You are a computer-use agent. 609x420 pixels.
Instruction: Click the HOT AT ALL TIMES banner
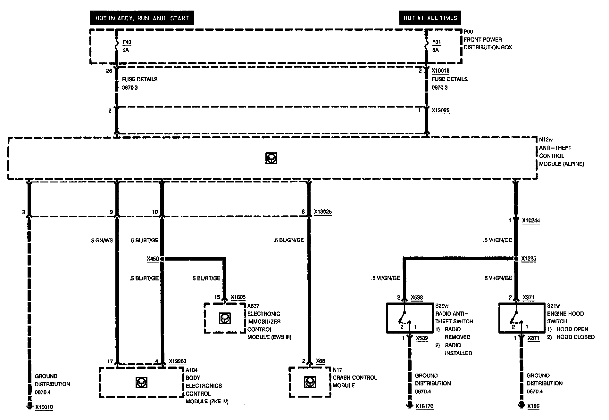tap(430, 18)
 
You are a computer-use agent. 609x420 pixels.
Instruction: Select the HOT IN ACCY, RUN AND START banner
tap(142, 18)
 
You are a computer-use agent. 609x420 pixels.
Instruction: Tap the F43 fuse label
tap(127, 42)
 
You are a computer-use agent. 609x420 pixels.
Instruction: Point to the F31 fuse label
tap(436, 42)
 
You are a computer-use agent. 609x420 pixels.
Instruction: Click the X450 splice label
tap(153, 259)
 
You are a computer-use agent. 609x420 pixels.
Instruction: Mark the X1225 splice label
tap(529, 259)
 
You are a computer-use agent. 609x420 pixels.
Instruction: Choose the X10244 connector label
tap(531, 220)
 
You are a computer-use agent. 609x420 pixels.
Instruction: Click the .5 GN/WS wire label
tap(101, 240)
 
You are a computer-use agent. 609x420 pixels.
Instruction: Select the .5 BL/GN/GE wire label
tap(288, 240)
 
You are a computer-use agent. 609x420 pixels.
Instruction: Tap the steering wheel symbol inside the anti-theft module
tap(271, 158)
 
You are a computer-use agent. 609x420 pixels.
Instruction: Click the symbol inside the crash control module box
tap(308, 382)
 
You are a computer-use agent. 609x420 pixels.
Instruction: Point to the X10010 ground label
tap(44, 407)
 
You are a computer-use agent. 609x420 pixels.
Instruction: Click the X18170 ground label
tap(424, 407)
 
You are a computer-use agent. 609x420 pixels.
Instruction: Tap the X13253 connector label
tap(177, 361)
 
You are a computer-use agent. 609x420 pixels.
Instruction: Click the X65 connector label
tap(321, 361)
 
